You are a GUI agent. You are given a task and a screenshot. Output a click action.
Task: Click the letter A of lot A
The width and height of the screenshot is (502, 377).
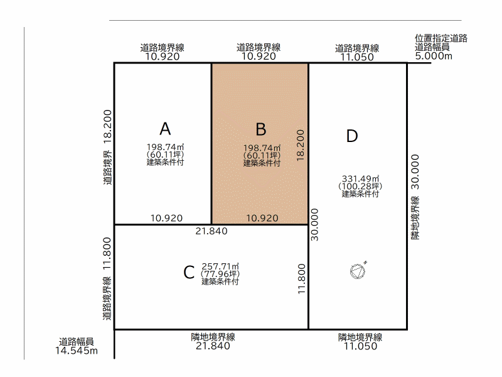click(x=165, y=129)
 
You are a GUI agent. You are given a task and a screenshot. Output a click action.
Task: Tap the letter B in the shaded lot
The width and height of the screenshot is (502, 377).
click(x=261, y=129)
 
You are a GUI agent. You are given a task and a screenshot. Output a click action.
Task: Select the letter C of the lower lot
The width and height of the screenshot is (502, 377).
click(x=189, y=273)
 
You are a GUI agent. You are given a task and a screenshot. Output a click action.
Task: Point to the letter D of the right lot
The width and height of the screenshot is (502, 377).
click(x=352, y=136)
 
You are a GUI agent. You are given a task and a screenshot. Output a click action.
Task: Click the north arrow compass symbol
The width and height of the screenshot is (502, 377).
click(x=358, y=270)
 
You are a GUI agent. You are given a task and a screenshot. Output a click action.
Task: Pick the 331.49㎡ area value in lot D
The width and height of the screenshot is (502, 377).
click(x=360, y=178)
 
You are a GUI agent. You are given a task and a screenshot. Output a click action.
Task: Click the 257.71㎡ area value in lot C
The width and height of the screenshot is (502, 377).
click(x=220, y=266)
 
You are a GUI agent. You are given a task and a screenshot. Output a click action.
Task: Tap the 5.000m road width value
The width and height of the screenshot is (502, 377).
click(x=434, y=56)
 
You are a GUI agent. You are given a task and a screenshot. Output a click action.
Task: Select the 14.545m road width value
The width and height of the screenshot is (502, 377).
click(x=77, y=351)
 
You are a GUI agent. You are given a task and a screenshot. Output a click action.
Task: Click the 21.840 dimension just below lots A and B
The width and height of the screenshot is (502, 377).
click(x=211, y=231)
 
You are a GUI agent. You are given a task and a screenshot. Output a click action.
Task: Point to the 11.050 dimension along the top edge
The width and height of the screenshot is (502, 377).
click(x=357, y=57)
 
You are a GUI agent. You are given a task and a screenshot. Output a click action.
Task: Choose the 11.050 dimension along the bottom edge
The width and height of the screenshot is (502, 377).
click(x=360, y=346)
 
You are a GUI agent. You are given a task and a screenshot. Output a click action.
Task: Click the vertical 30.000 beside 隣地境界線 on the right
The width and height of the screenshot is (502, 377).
click(x=415, y=172)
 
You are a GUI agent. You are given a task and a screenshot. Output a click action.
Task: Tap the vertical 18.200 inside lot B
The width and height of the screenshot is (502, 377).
click(x=300, y=145)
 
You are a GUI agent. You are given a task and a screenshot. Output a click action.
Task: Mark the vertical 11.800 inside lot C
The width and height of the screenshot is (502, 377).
click(x=302, y=278)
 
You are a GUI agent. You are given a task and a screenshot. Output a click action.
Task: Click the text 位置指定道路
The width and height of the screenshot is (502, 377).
click(x=441, y=38)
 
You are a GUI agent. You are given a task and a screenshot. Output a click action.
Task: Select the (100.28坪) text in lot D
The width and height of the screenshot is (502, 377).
click(x=360, y=186)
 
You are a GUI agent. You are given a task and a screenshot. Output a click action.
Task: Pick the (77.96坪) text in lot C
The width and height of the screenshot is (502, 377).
click(x=220, y=274)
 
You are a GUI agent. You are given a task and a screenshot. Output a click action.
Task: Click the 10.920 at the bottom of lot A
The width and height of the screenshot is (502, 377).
click(x=166, y=218)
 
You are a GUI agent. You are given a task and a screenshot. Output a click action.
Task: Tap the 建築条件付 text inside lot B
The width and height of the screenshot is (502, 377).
click(x=262, y=163)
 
